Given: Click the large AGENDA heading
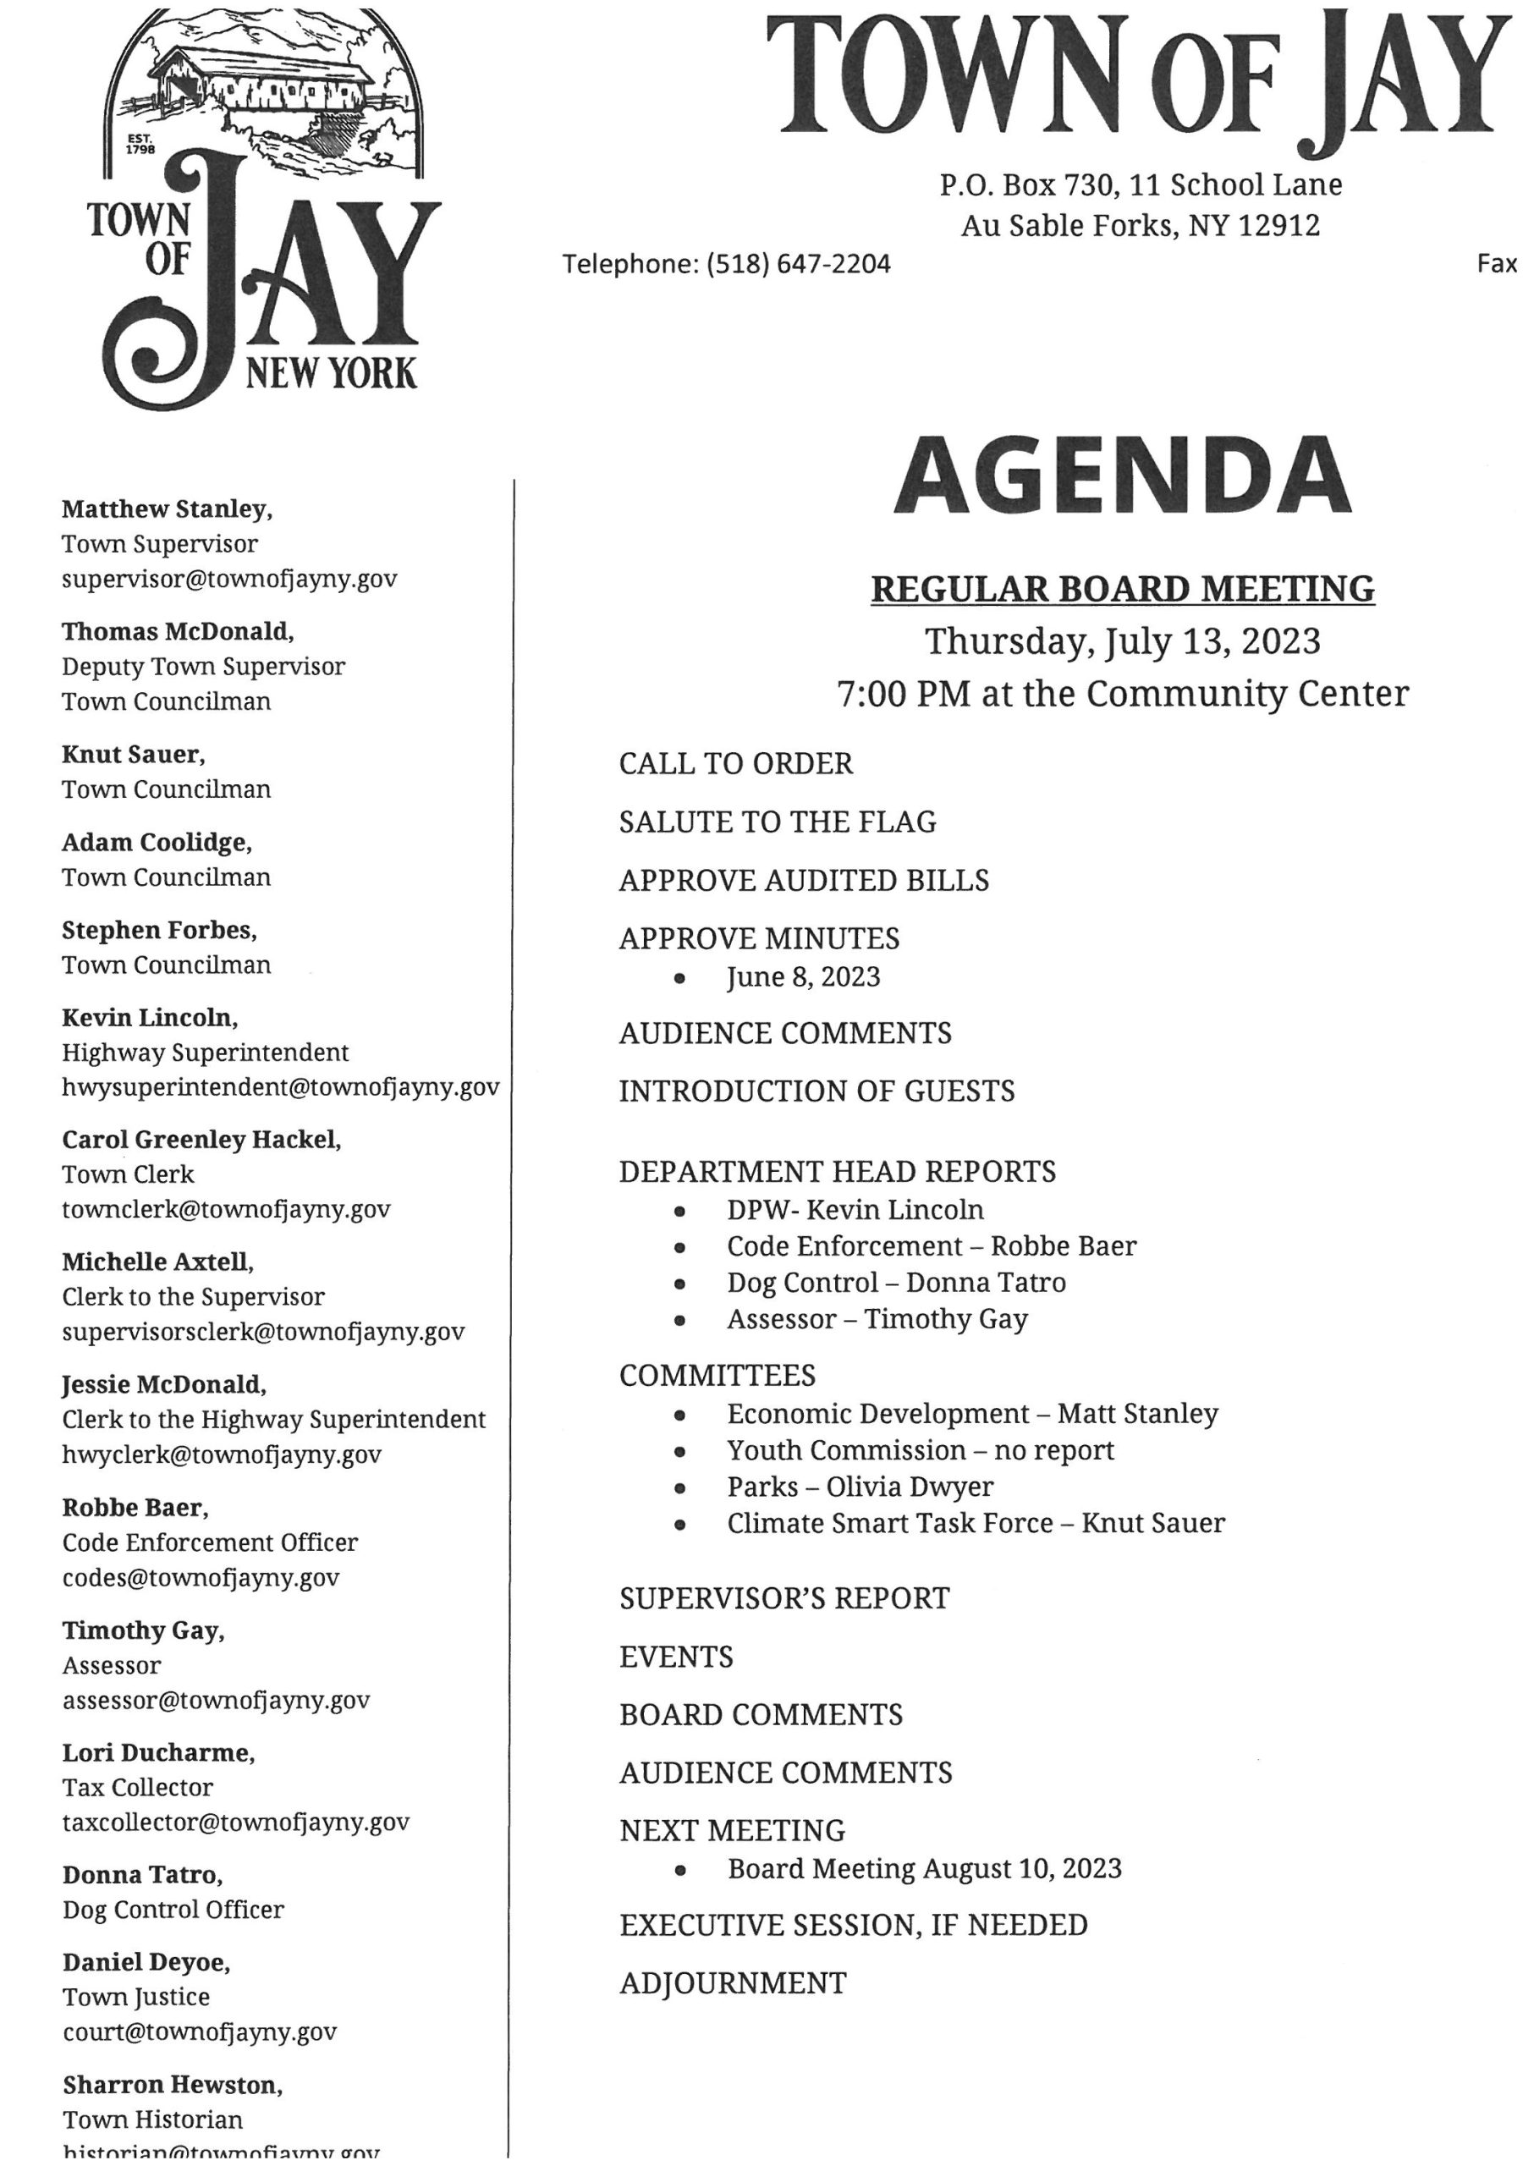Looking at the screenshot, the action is [x=1121, y=476].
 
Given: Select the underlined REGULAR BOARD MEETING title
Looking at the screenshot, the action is [x=1122, y=590].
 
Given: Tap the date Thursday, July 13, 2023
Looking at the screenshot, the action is [x=1122, y=641].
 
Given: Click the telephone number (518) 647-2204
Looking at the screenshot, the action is [x=798, y=265].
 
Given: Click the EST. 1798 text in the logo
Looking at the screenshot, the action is [x=140, y=144].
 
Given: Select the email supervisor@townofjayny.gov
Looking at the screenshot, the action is [x=229, y=579].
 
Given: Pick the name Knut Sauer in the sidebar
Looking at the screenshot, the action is [x=132, y=755].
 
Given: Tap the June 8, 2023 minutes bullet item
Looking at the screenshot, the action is [x=803, y=976].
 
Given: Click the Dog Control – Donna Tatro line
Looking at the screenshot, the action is [x=895, y=1283].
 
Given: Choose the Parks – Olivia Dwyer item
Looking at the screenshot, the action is [x=860, y=1487].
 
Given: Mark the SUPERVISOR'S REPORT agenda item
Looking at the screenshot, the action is [x=784, y=1598].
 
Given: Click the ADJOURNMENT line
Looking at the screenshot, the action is [x=733, y=1982].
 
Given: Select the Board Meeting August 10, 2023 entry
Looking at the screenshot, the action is [x=924, y=1868].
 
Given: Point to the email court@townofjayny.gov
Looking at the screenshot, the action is [x=200, y=2031].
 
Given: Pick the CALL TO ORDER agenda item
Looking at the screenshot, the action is [x=736, y=763].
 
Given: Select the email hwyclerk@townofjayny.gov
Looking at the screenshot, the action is [x=222, y=1454].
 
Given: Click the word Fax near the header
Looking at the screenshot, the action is [x=1496, y=265].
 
